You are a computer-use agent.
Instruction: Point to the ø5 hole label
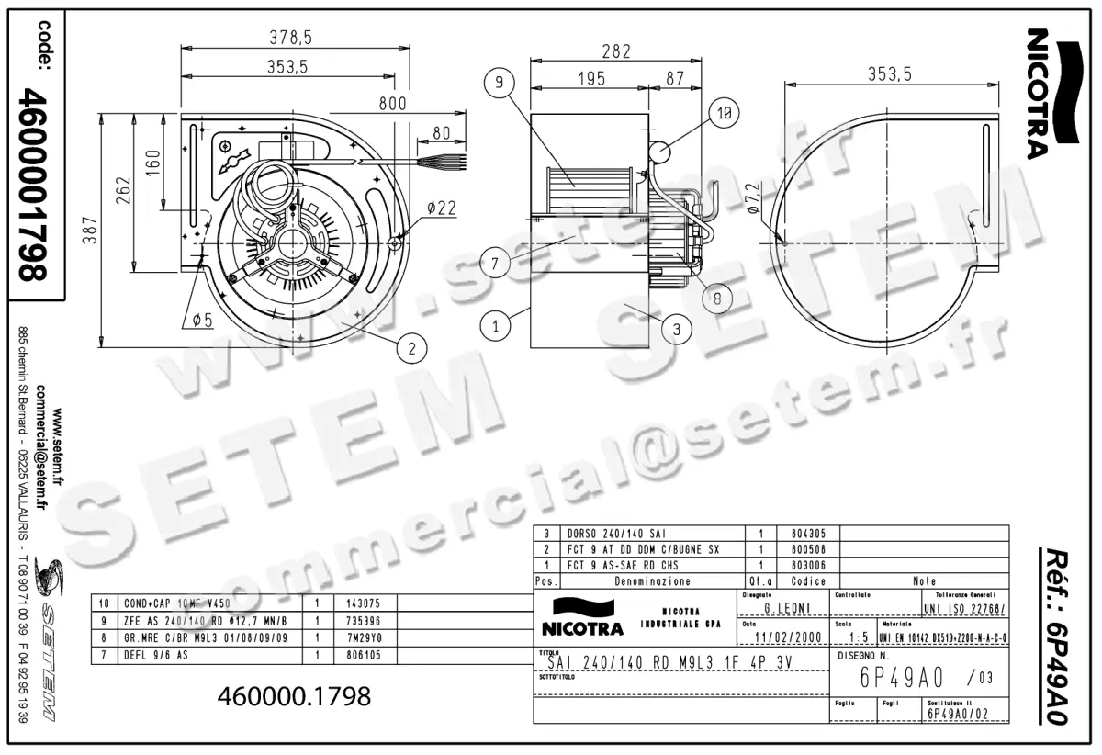(203, 320)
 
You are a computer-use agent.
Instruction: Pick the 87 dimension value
(675, 80)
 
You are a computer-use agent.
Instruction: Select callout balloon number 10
(725, 114)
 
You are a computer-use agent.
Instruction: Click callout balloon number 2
(412, 347)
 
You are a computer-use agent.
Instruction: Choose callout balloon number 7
(494, 264)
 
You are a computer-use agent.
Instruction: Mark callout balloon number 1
(496, 324)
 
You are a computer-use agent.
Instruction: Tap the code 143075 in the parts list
(359, 603)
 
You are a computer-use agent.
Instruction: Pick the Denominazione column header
(653, 581)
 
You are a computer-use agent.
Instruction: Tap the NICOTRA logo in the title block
(577, 617)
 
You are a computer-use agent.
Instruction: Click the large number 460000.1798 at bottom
(294, 696)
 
